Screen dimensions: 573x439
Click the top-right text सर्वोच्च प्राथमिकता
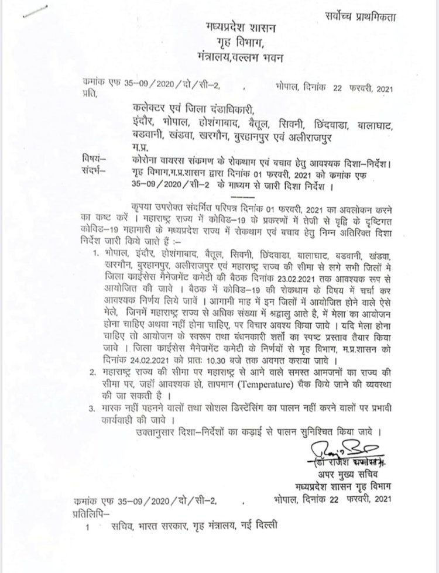363,17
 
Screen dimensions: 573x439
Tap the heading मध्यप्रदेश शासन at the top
241,28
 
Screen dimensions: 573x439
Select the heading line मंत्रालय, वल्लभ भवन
241,57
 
